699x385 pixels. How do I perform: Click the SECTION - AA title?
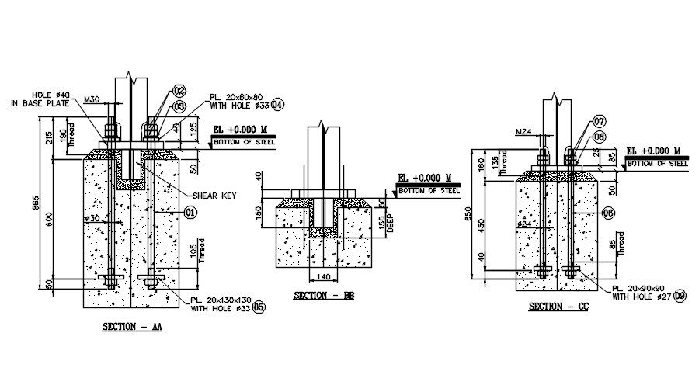pos(132,328)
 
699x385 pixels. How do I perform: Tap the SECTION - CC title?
pos(558,307)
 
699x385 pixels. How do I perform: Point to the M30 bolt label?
pos(92,99)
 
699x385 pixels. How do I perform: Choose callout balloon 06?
pos(608,212)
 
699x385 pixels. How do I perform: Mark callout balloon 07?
pos(599,122)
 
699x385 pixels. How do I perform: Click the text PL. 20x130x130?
pos(221,299)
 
